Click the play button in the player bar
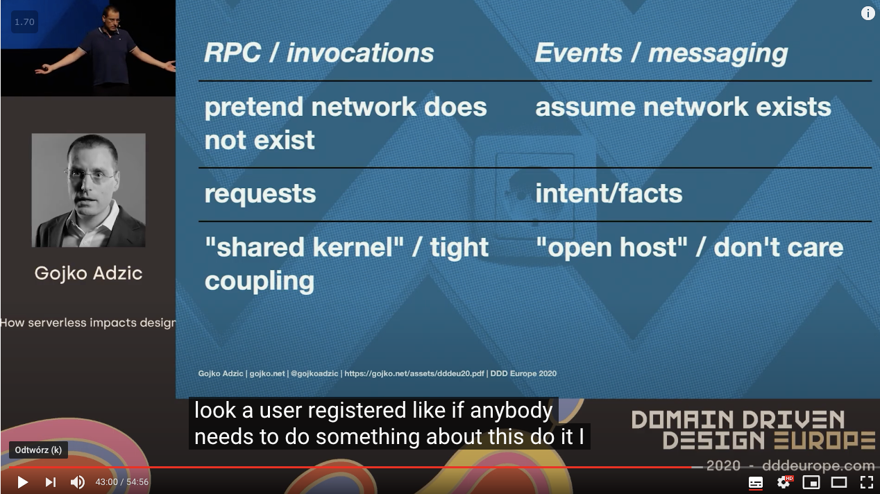pos(22,482)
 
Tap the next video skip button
pos(50,482)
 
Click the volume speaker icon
pos(77,482)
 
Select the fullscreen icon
pos(866,482)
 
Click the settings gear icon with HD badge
pos(784,482)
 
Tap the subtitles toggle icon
pos(756,482)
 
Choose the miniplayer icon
pos(811,482)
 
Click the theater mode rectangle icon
pos(838,482)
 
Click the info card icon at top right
pos(868,13)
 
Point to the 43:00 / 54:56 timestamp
pos(122,482)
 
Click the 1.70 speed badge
pos(24,22)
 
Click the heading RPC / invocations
pos(319,53)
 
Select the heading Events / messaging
pos(661,53)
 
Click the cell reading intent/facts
pos(609,194)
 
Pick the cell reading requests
pos(260,194)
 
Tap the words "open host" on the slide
pos(611,248)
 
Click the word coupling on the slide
pos(259,281)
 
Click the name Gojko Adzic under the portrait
pos(88,273)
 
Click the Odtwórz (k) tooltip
pos(38,450)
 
